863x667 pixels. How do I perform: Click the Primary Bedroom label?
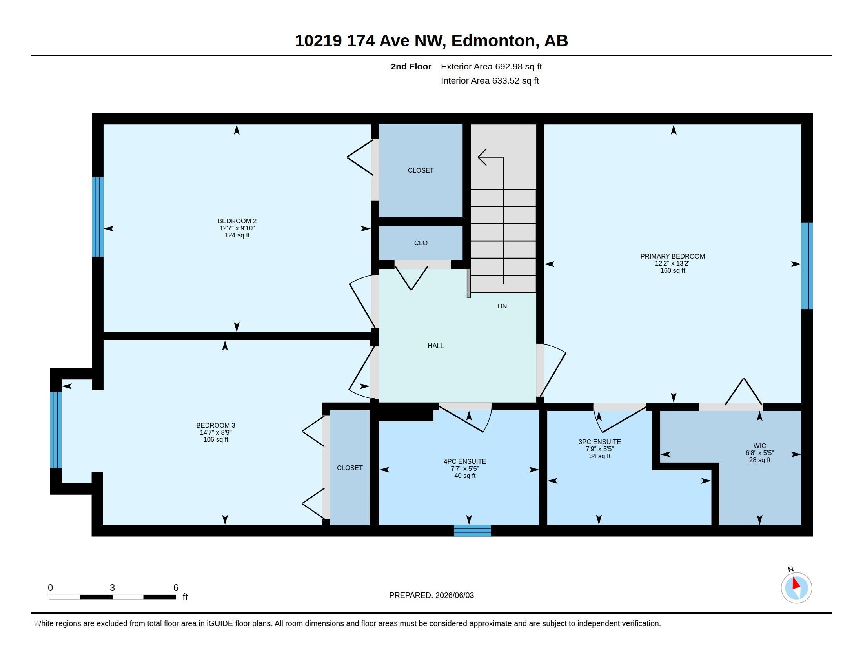pyautogui.click(x=672, y=256)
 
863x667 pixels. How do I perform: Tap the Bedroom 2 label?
pyautogui.click(x=237, y=221)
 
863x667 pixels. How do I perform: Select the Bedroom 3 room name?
pyautogui.click(x=216, y=425)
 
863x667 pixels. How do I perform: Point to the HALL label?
pyautogui.click(x=435, y=346)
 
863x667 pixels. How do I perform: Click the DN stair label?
pyautogui.click(x=502, y=306)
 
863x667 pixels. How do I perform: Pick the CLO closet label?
pyautogui.click(x=421, y=243)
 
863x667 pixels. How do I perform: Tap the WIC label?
pyautogui.click(x=759, y=446)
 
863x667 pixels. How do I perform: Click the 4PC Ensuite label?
pyautogui.click(x=465, y=461)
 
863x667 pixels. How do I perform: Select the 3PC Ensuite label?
pyautogui.click(x=599, y=442)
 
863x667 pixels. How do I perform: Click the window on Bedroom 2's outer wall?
pyautogui.click(x=98, y=217)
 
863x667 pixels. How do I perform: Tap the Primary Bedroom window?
pyautogui.click(x=807, y=266)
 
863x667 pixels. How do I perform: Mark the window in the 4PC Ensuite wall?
pyautogui.click(x=472, y=531)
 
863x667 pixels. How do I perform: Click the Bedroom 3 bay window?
pyautogui.click(x=56, y=430)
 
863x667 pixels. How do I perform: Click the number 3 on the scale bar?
pyautogui.click(x=112, y=588)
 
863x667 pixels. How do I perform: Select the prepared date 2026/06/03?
pyautogui.click(x=454, y=595)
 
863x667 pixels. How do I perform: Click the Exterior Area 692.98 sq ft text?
pyautogui.click(x=491, y=66)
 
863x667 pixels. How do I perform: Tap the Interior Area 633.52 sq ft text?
pyautogui.click(x=490, y=80)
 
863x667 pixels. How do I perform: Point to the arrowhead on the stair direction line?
pyautogui.click(x=482, y=157)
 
